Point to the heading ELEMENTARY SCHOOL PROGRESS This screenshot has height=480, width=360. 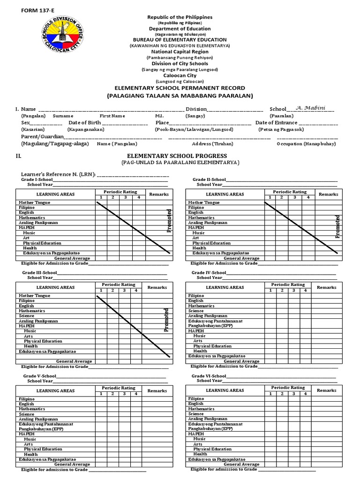pyautogui.click(x=180, y=156)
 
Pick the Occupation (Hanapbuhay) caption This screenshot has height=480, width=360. pyautogui.click(x=306, y=144)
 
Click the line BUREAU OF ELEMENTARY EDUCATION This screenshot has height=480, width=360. pyautogui.click(x=180, y=40)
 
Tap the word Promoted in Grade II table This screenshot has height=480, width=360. pyautogui.click(x=337, y=227)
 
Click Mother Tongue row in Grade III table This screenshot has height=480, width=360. pyautogui.click(x=34, y=296)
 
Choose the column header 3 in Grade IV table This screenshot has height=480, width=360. pyautogui.click(x=293, y=291)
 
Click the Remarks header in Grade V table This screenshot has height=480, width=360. pyautogui.click(x=157, y=390)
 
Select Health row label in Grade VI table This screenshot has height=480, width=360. pyautogui.click(x=200, y=454)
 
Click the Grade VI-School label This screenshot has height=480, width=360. pyautogui.click(x=209, y=376)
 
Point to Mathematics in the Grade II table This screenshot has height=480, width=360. pyautogui.click(x=202, y=217)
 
